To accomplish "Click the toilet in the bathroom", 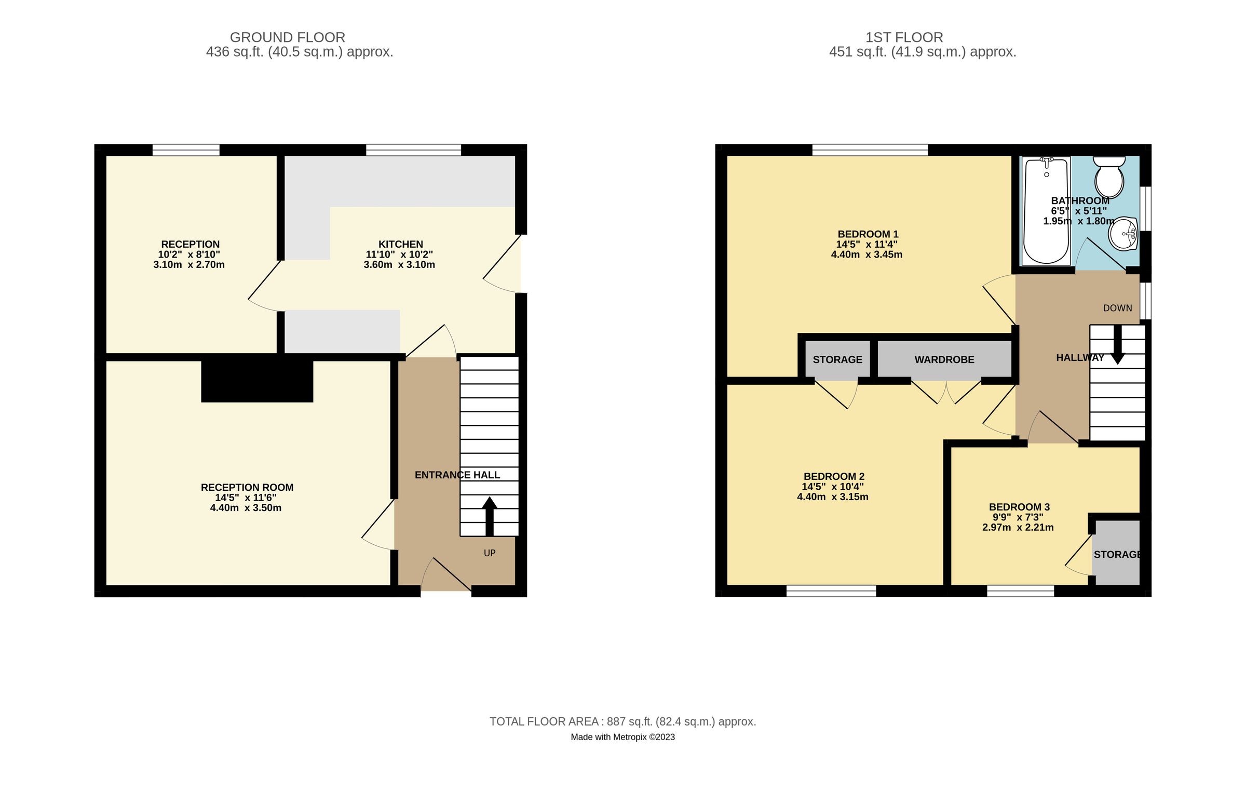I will (x=1109, y=177).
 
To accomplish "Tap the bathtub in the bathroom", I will (x=1046, y=210).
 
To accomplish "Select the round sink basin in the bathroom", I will (x=1123, y=234).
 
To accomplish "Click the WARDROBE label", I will (x=944, y=359).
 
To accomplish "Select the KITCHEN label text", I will (x=400, y=244).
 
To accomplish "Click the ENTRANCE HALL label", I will (x=457, y=475).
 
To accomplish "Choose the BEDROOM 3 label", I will (x=1019, y=507).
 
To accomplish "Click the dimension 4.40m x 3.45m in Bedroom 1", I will (x=866, y=254).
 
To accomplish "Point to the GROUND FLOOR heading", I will (x=287, y=37).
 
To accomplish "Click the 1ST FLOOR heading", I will (x=903, y=37).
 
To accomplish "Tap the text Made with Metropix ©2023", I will (x=622, y=737).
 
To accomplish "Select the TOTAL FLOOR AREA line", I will (x=622, y=721).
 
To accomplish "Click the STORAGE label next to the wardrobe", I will (x=837, y=359).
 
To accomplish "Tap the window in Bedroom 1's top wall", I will (x=870, y=150).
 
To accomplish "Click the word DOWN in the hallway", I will (x=1117, y=308).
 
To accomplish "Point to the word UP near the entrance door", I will (x=489, y=553).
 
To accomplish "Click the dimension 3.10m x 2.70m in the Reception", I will (x=189, y=264).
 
